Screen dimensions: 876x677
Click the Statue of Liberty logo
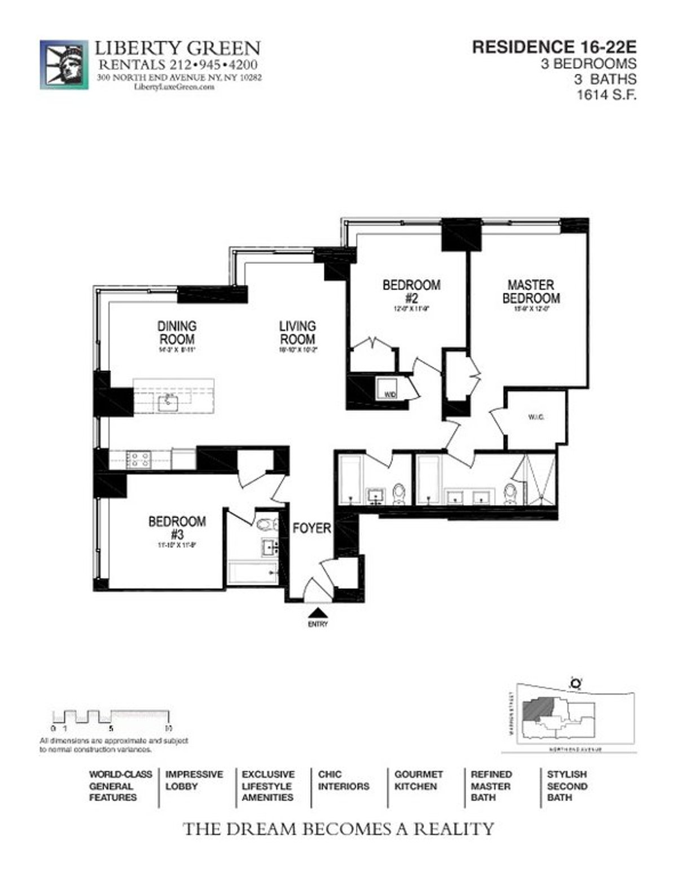click(x=64, y=64)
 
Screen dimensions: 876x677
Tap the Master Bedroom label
click(x=531, y=291)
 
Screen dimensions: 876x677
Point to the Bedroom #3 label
click(x=177, y=528)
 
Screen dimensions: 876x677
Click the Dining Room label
click(x=177, y=333)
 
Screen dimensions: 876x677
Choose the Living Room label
click(x=297, y=333)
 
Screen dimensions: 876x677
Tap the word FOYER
click(x=311, y=528)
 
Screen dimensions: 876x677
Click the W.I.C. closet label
click(x=536, y=418)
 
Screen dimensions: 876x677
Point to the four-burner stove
click(x=139, y=459)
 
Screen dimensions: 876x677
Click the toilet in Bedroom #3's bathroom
click(x=266, y=525)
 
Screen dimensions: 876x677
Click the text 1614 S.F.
click(x=606, y=95)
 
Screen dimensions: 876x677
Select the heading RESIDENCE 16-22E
click(x=554, y=47)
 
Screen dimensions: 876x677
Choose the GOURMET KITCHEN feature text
click(x=418, y=780)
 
